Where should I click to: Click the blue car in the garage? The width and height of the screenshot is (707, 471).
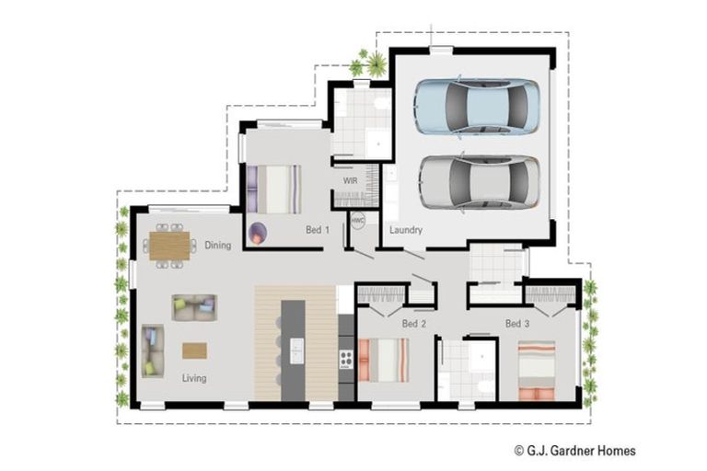click(477, 107)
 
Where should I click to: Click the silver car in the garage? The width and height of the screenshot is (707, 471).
click(479, 182)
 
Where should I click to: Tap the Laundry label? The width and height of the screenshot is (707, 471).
click(406, 230)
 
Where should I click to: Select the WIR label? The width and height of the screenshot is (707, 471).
click(351, 180)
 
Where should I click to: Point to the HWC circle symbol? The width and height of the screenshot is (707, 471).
click(357, 221)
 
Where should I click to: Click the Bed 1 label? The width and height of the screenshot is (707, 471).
click(318, 230)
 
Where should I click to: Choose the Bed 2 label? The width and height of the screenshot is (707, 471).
click(414, 324)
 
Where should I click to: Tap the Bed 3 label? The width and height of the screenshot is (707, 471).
click(517, 324)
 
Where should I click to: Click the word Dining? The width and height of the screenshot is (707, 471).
click(218, 246)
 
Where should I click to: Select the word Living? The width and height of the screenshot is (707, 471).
click(194, 378)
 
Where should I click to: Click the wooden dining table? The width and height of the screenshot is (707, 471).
click(169, 246)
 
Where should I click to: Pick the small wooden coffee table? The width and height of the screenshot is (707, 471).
click(195, 350)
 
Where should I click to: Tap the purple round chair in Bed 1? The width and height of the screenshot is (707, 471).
click(258, 234)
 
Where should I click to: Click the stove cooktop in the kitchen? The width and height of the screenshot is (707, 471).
click(346, 359)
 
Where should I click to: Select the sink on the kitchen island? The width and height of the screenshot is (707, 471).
click(296, 351)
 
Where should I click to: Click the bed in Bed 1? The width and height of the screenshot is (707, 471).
click(273, 190)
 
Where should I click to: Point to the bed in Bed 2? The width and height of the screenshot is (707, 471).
click(384, 361)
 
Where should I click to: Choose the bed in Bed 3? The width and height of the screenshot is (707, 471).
click(536, 371)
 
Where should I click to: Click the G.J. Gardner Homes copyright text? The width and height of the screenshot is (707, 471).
click(575, 450)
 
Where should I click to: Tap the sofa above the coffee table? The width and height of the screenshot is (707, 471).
click(194, 307)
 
